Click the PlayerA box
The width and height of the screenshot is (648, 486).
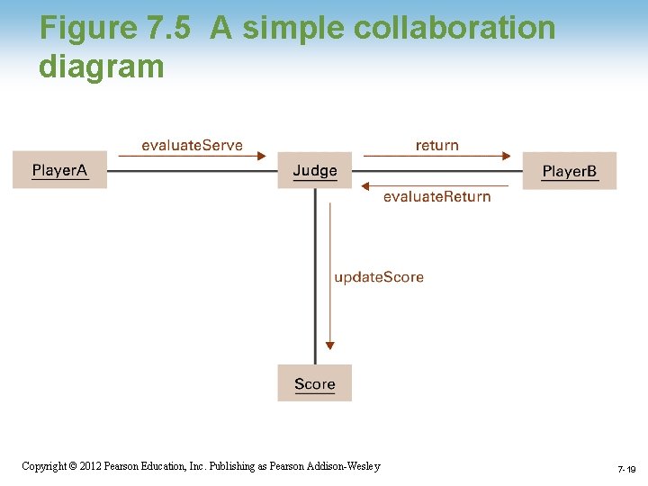click(x=59, y=170)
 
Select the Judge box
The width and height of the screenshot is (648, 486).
click(x=315, y=170)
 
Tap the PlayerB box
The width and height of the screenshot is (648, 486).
click(x=570, y=171)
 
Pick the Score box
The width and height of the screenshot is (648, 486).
click(x=314, y=383)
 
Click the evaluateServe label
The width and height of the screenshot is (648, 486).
click(x=192, y=146)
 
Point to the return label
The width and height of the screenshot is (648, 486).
click(x=436, y=146)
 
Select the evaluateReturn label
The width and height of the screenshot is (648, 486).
click(x=436, y=197)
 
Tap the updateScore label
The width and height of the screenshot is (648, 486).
click(x=379, y=277)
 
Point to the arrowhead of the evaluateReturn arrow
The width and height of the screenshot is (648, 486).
click(x=365, y=186)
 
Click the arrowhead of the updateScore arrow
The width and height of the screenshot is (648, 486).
click(x=330, y=344)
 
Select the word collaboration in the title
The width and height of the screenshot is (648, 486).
click(x=454, y=29)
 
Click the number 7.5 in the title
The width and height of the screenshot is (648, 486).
click(x=167, y=29)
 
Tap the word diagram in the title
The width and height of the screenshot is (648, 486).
click(x=102, y=66)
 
